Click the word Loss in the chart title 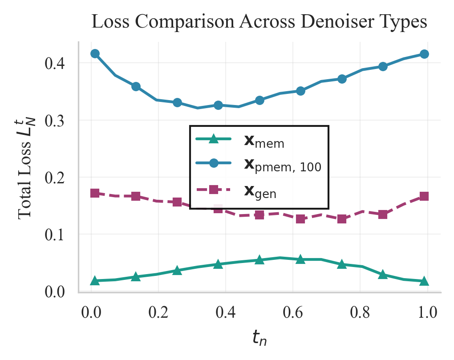110,21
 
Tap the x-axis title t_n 259,337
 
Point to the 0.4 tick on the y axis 55,63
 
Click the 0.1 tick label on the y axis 55,235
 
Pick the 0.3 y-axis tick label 55,121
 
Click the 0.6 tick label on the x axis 293,312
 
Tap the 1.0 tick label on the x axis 427,312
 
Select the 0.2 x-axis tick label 158,312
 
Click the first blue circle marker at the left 95,53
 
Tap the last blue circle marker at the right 424,54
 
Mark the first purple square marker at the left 95,193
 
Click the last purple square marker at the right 424,196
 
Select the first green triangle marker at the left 95,281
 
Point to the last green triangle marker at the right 424,281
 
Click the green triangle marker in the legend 213,139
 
